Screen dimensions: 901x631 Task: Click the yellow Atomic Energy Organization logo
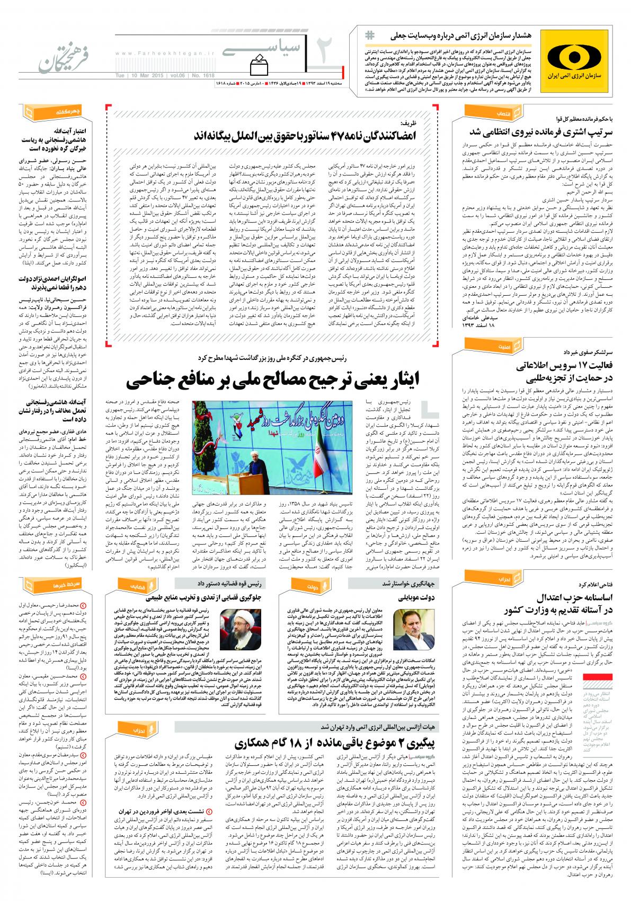(580, 59)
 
